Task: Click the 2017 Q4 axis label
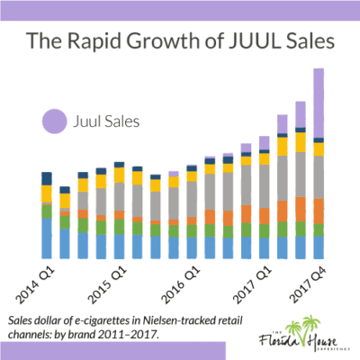[x=306, y=283]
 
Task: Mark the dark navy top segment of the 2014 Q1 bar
[x=47, y=177]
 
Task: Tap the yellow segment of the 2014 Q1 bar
[x=47, y=193]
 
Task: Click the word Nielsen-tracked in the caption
[x=197, y=320]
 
